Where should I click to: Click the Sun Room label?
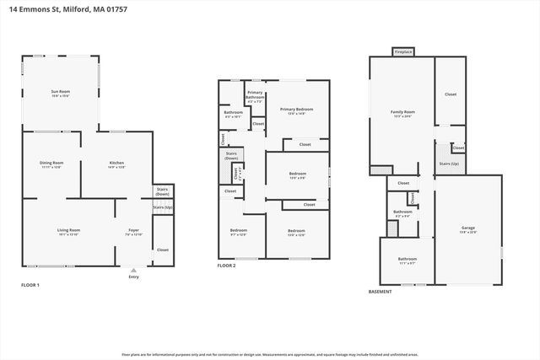(x=60, y=94)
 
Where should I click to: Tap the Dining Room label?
(x=51, y=164)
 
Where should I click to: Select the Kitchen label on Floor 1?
(x=116, y=164)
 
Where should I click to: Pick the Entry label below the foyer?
(x=133, y=277)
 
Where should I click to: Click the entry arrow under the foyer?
(x=133, y=270)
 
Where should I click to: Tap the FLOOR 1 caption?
(x=30, y=285)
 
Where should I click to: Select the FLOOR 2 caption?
(x=227, y=266)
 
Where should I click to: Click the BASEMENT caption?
(x=381, y=292)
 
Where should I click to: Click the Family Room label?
(x=402, y=112)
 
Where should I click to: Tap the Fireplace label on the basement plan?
(x=403, y=52)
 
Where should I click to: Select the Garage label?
(x=468, y=228)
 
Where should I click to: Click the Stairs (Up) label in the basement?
(x=449, y=164)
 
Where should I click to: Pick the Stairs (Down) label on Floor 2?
(x=231, y=155)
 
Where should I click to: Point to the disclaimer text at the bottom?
(x=270, y=355)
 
